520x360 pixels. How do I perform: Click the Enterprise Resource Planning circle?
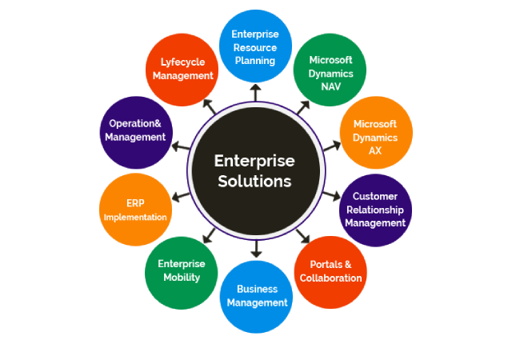(x=255, y=48)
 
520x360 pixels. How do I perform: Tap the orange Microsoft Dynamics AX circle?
(x=374, y=137)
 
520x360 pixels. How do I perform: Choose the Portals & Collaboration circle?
(x=330, y=271)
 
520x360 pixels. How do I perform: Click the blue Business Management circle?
(x=257, y=295)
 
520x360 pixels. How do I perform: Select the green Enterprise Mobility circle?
(x=182, y=271)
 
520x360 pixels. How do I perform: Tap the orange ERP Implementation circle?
(x=135, y=210)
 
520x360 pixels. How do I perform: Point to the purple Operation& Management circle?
(x=135, y=130)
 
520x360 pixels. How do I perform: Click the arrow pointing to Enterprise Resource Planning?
(x=256, y=93)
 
